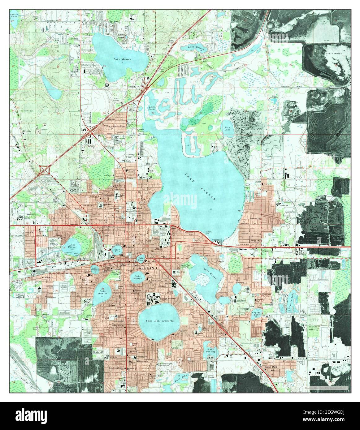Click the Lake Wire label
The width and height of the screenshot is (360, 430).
point(117,250)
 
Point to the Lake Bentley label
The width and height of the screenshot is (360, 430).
point(210,350)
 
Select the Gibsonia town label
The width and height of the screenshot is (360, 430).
point(74,39)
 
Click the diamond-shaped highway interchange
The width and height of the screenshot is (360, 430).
point(45,169)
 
